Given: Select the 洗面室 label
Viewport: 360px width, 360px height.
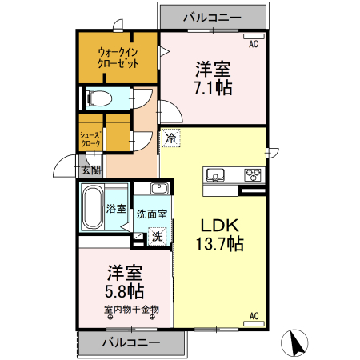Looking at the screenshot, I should tap(151, 214).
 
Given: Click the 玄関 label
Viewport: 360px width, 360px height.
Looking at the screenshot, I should tap(90, 170).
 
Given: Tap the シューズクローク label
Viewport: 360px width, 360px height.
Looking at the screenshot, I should tap(90, 138).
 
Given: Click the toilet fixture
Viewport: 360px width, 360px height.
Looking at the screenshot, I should tap(99, 99).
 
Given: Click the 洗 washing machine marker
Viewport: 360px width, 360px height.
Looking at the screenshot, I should tap(158, 236).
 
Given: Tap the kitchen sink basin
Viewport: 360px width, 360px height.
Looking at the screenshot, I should tap(215, 175).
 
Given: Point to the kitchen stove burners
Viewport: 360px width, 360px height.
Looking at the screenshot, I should tap(253, 175).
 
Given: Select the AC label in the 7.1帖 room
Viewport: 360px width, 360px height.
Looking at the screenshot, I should tap(253, 44).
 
